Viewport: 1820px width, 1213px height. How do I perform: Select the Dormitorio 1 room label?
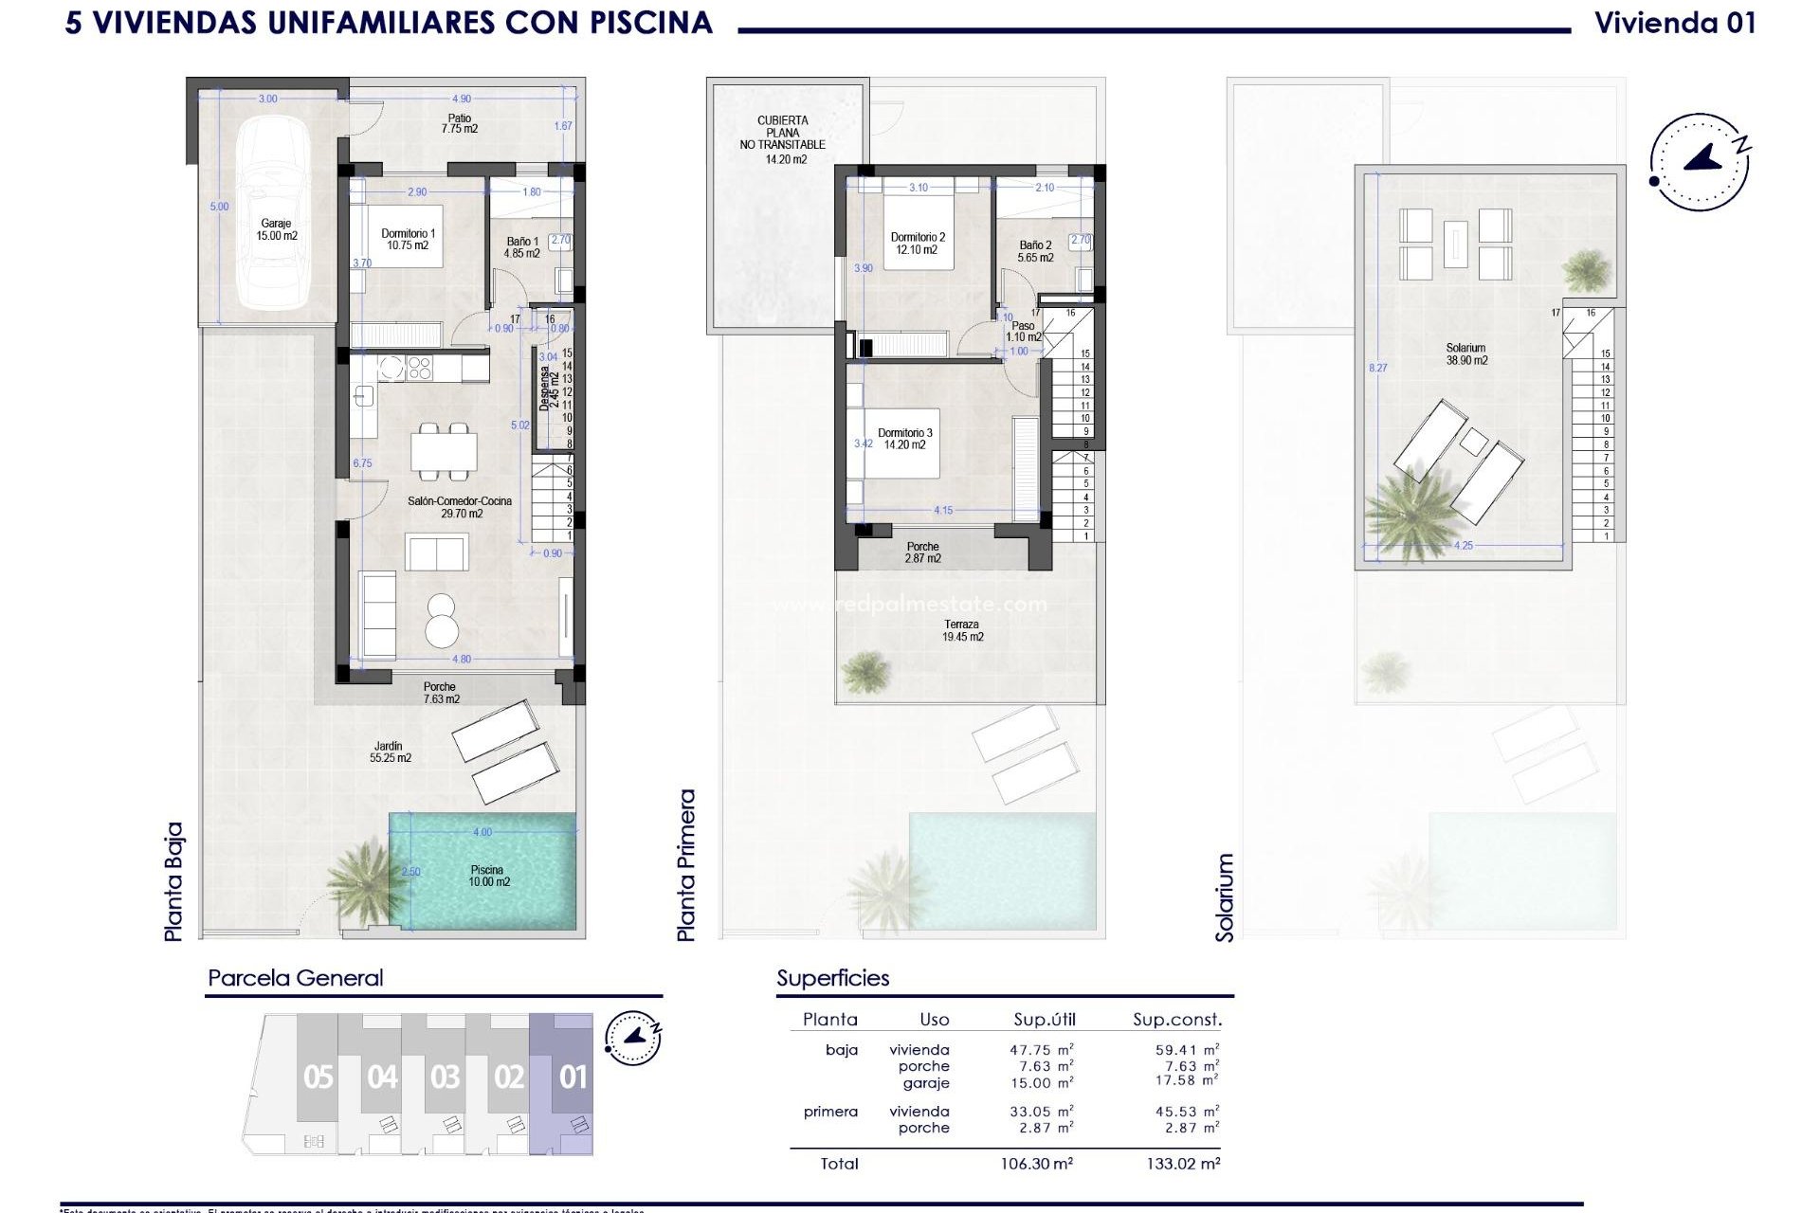point(408,239)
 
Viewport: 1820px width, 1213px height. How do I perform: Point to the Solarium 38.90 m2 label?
point(1465,354)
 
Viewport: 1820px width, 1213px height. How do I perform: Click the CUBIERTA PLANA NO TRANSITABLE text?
point(783,133)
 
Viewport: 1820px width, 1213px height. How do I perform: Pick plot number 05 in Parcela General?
point(318,1077)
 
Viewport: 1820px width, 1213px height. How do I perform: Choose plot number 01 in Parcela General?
point(573,1077)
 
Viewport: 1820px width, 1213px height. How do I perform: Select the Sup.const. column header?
point(1176,1020)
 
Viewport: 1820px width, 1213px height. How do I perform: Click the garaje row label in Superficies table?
point(925,1082)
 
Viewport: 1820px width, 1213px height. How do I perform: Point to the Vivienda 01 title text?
point(1675,23)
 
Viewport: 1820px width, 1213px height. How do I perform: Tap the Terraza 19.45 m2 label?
point(962,631)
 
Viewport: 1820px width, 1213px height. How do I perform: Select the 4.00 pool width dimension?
point(482,832)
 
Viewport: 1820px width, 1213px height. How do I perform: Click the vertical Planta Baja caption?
point(173,881)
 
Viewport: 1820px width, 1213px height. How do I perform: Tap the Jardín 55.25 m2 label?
point(390,751)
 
